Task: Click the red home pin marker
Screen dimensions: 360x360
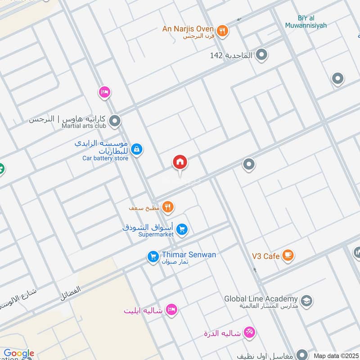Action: coord(180,162)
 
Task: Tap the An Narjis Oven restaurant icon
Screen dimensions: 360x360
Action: coord(222,31)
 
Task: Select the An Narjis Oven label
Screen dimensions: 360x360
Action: coord(188,29)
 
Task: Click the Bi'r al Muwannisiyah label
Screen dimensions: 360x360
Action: coord(306,21)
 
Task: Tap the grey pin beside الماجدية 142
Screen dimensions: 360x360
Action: coord(262,55)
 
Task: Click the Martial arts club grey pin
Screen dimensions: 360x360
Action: coord(115,121)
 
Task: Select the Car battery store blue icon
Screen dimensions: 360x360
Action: coord(137,149)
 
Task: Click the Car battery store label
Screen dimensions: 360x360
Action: coord(105,158)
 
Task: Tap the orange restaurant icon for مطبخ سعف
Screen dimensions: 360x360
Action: coord(168,207)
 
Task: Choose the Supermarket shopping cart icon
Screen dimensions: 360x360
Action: coord(182,229)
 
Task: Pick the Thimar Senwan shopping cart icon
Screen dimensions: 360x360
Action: coord(153,257)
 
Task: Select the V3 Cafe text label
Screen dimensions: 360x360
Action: coord(265,256)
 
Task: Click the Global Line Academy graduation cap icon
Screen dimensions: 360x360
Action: coord(306,301)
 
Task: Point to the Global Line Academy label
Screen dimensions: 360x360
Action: coord(261,299)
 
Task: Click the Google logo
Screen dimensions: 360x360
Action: coord(18,354)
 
